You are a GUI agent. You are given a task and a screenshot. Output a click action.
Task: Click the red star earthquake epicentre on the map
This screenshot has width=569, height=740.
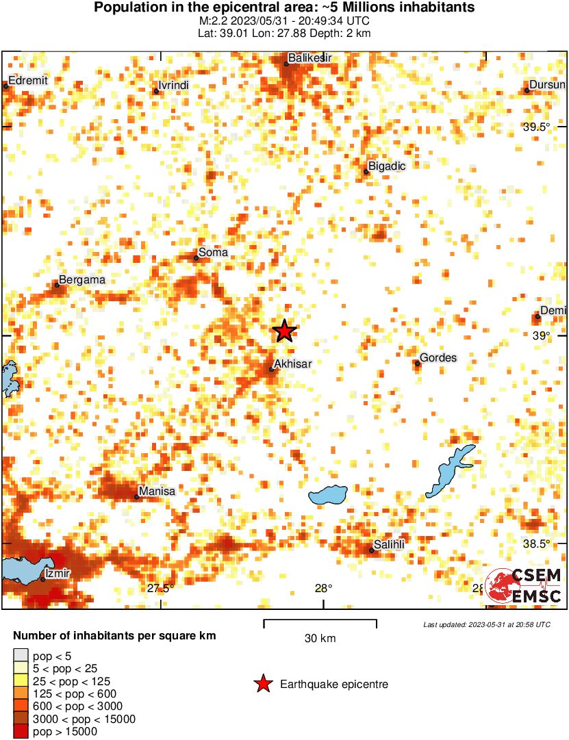click(284, 331)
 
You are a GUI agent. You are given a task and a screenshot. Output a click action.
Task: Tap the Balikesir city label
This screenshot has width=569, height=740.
click(309, 58)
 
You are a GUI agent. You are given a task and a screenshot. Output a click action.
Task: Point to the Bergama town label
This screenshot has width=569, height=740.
click(82, 280)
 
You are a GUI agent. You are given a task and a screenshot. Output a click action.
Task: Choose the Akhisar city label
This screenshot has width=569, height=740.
click(292, 363)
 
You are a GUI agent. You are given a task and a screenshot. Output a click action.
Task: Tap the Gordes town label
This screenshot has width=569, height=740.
click(438, 357)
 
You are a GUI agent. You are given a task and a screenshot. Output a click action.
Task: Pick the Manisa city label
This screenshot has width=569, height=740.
click(157, 491)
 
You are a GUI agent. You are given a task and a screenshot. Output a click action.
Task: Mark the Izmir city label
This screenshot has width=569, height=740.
click(57, 573)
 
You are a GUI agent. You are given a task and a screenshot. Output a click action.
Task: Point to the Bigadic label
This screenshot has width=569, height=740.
click(387, 166)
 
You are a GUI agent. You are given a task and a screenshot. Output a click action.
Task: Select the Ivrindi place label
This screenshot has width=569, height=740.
click(173, 86)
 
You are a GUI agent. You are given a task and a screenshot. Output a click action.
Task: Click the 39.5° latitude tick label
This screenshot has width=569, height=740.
click(536, 127)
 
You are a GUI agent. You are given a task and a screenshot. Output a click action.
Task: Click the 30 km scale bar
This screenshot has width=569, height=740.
click(320, 623)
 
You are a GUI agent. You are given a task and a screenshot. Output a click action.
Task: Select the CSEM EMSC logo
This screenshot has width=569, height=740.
click(524, 586)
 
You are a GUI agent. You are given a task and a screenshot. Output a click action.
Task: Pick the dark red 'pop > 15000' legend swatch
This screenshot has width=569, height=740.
click(21, 732)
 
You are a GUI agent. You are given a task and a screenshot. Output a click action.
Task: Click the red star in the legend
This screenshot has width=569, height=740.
click(262, 684)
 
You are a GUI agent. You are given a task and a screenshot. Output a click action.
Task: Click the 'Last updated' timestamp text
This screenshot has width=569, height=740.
click(486, 624)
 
